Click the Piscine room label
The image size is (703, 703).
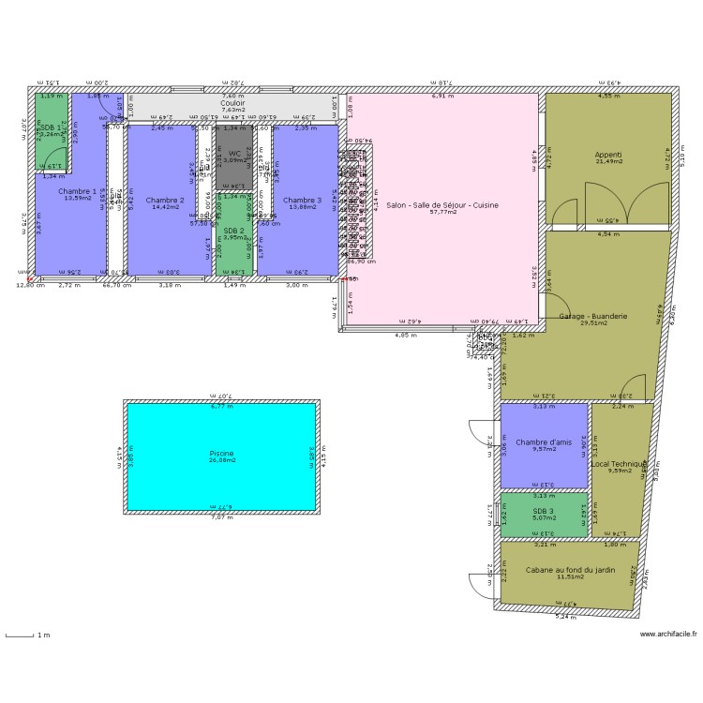pos(221,454)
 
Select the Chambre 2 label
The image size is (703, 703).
pos(165,200)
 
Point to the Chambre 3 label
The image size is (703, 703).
pos(302,200)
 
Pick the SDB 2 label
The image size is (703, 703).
pos(234,230)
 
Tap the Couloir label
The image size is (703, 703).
pos(233,103)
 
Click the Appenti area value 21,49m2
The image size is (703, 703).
pos(607,161)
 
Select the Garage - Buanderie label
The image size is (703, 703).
pos(592,317)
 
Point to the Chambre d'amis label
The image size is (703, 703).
pos(544,442)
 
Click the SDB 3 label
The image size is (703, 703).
pos(544,511)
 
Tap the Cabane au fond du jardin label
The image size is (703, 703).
pos(570,570)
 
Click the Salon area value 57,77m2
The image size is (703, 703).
pos(442,212)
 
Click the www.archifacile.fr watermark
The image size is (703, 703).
pos(668,634)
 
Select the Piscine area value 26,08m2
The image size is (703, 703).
pos(221,461)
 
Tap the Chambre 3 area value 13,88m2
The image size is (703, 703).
pos(302,207)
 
